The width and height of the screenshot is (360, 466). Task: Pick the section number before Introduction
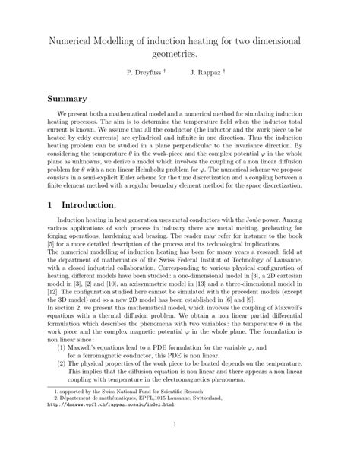pyautogui.click(x=50, y=204)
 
